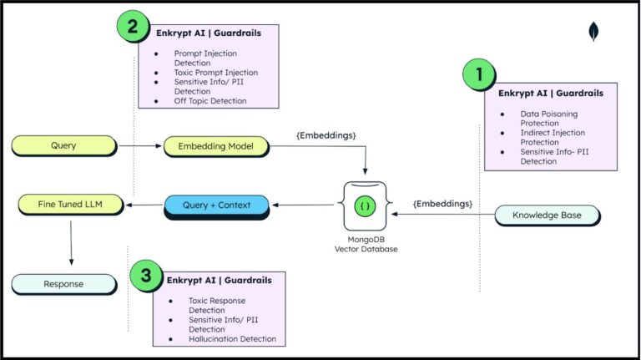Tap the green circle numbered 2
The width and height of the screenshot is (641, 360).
pyautogui.click(x=133, y=27)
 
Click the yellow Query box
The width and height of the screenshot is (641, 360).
pyautogui.click(x=63, y=146)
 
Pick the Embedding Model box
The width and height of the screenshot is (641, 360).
pyautogui.click(x=215, y=146)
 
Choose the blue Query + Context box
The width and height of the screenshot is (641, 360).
pyautogui.click(x=216, y=203)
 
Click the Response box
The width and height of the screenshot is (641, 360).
pyautogui.click(x=64, y=283)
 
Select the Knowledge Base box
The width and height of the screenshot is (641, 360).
pyautogui.click(x=548, y=215)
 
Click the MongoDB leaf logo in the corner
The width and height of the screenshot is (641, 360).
pyautogui.click(x=595, y=33)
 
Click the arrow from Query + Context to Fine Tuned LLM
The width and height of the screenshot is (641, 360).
pyautogui.click(x=143, y=203)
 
